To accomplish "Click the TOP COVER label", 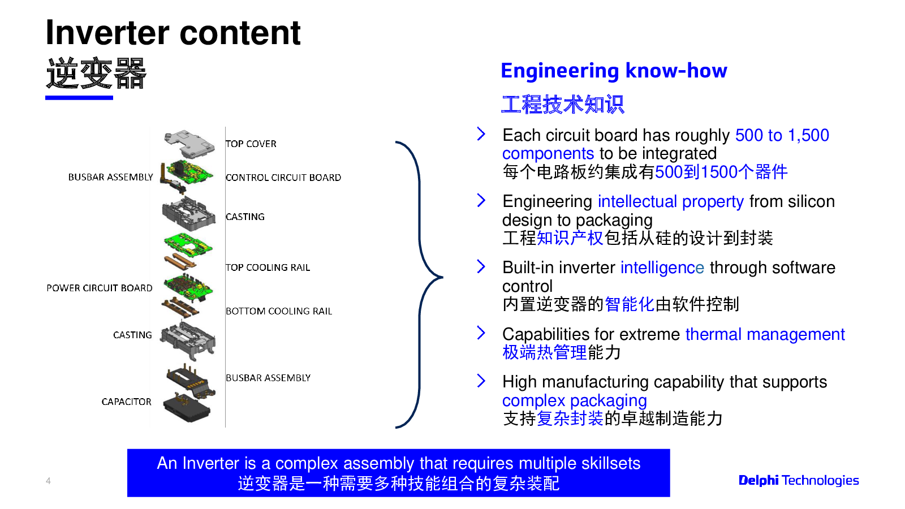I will (x=251, y=144).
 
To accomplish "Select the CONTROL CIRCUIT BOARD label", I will (x=283, y=178).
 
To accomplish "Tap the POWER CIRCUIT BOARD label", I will (x=100, y=288).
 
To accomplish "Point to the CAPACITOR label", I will (x=126, y=402).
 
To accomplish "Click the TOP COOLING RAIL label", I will (x=268, y=268).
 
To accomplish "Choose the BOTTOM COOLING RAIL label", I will (x=279, y=311).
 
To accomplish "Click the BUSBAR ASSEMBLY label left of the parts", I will (x=110, y=177).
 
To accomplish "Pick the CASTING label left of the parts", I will (x=132, y=335).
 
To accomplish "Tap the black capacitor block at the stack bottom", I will (x=187, y=408).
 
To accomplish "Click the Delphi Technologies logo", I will (x=799, y=480).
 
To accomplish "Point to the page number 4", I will (x=48, y=481).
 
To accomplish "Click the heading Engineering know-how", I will (x=614, y=71).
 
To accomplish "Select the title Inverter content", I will (x=173, y=33).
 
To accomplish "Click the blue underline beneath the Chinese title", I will (x=79, y=98).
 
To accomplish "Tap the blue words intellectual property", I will (x=671, y=201).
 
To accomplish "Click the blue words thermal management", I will (x=765, y=334).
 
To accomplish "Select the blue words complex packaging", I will (x=574, y=400).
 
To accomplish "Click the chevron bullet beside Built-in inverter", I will (x=481, y=266).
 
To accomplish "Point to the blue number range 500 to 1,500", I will (x=782, y=135).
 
